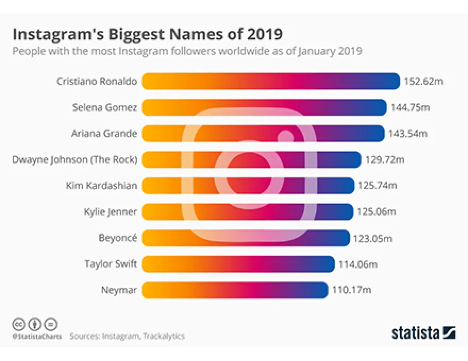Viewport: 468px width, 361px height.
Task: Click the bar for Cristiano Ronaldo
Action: click(x=271, y=81)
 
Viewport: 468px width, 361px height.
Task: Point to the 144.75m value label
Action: click(x=410, y=107)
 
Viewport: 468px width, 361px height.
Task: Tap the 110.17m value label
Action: click(x=350, y=290)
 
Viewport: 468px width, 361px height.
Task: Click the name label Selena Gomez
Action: click(x=105, y=107)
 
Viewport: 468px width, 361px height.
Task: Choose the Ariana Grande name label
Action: click(x=104, y=133)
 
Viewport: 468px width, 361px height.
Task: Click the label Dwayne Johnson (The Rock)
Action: click(x=75, y=159)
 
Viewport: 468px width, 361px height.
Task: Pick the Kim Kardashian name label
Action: click(x=102, y=185)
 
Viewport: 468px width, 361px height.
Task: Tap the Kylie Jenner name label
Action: click(x=111, y=212)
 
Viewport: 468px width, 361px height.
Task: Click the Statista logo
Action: click(x=423, y=333)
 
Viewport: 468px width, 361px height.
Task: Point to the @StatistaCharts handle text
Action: click(x=37, y=337)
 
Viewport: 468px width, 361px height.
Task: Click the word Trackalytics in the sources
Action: click(x=163, y=336)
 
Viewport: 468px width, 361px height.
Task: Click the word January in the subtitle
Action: click(x=308, y=51)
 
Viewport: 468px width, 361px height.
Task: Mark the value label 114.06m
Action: click(x=357, y=264)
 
